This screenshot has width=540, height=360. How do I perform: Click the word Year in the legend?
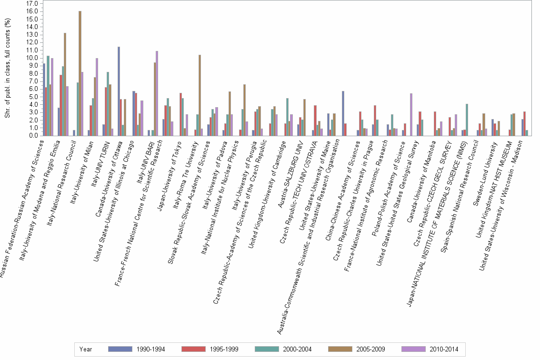(x=86, y=349)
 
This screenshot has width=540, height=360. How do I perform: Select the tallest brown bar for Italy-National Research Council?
(x=80, y=73)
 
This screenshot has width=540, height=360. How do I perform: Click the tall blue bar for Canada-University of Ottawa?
(x=119, y=91)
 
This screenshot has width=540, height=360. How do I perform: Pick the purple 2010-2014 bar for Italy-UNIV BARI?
(x=157, y=93)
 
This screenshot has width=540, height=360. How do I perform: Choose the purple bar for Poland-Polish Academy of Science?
(x=411, y=114)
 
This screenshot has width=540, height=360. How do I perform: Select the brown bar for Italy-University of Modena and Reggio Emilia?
(x=65, y=84)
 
